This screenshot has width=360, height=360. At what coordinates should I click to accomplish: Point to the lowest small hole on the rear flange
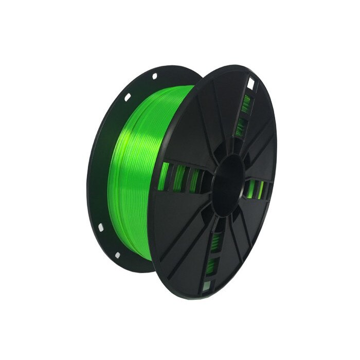(118, 254)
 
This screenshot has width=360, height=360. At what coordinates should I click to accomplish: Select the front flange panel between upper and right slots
(262, 139)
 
